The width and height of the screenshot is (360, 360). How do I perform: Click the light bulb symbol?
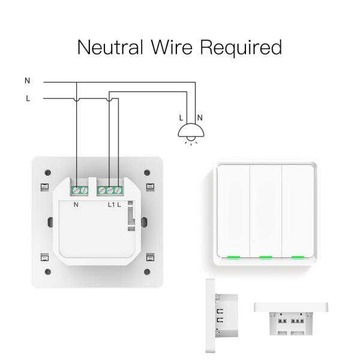pyautogui.click(x=190, y=133)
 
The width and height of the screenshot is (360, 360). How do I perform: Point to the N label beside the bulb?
pyautogui.click(x=200, y=118)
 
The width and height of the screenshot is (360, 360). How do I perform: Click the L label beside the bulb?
pyautogui.click(x=182, y=118)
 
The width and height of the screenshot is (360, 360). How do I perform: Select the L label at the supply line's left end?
pyautogui.click(x=27, y=98)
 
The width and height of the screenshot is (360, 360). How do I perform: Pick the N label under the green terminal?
pyautogui.click(x=77, y=205)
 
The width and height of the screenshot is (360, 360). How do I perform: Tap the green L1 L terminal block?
pyautogui.click(x=112, y=190)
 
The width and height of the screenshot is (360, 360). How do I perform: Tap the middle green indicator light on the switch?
pyautogui.click(x=264, y=257)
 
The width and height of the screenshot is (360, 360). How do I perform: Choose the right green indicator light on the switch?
pyautogui.click(x=296, y=257)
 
